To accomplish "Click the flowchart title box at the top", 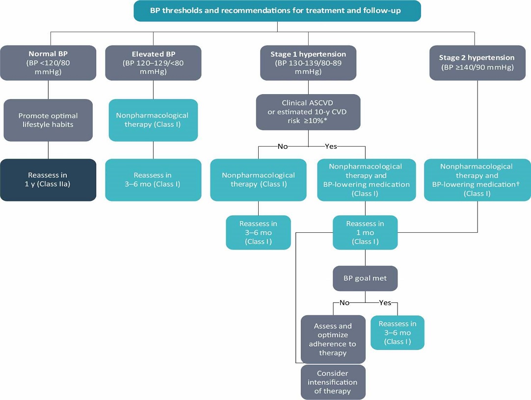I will pyautogui.click(x=277, y=11).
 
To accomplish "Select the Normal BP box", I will pyautogui.click(x=48, y=63).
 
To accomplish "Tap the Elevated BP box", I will pyautogui.click(x=153, y=63).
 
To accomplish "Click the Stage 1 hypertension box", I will pyautogui.click(x=308, y=63).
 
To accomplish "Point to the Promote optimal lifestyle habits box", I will pyautogui.click(x=48, y=120).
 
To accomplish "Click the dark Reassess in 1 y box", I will pyautogui.click(x=48, y=179).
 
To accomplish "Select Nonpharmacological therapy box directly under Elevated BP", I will pyautogui.click(x=153, y=120).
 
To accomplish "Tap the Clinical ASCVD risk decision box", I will pyautogui.click(x=308, y=112).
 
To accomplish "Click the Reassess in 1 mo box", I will pyautogui.click(x=365, y=232).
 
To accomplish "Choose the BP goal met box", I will pyautogui.click(x=365, y=278).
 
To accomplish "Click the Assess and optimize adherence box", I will pyautogui.click(x=333, y=339).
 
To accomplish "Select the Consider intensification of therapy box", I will pyautogui.click(x=333, y=382).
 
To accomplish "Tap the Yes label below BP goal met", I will pyautogui.click(x=385, y=302).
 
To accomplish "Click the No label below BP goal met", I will pyautogui.click(x=345, y=302).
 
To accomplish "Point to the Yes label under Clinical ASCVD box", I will pyautogui.click(x=330, y=146).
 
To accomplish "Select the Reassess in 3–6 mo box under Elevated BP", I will pyautogui.click(x=153, y=179).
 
